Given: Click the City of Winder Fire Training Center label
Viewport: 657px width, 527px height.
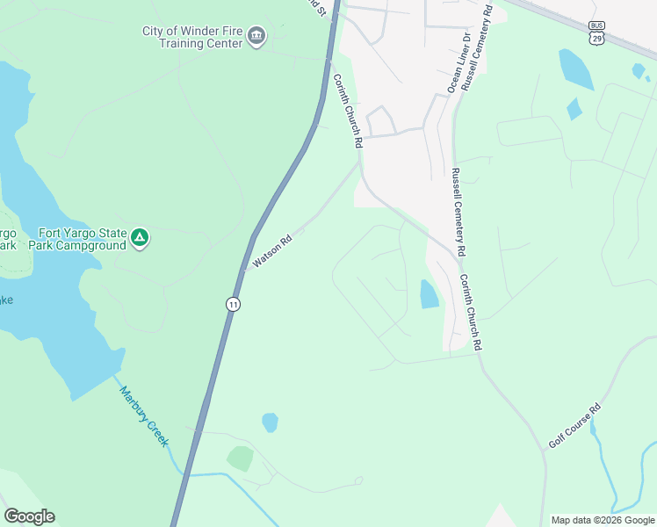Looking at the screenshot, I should point(193,37).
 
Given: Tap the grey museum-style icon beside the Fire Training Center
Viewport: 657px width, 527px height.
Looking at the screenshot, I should point(257,36).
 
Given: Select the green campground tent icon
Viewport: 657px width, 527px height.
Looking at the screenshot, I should point(139,238).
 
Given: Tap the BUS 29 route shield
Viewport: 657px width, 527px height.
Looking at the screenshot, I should point(597,32).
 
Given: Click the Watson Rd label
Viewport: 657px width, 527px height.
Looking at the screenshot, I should point(271,251).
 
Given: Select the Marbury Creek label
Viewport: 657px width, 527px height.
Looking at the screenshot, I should point(143,416).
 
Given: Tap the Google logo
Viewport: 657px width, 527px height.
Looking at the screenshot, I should point(29,516).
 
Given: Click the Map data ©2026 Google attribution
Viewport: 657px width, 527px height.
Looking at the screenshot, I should point(603,520).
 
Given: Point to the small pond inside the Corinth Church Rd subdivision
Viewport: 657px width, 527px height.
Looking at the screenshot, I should point(430,294).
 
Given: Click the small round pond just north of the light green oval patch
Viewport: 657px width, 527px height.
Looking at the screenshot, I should point(270,422).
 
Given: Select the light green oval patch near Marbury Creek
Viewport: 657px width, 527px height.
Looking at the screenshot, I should point(240,458).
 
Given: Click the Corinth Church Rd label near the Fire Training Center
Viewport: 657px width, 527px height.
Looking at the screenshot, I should point(348,109).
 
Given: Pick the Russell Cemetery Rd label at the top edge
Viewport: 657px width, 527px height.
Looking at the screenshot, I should point(480,44).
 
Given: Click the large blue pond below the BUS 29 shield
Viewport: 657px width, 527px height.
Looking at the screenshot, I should point(576,69).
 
